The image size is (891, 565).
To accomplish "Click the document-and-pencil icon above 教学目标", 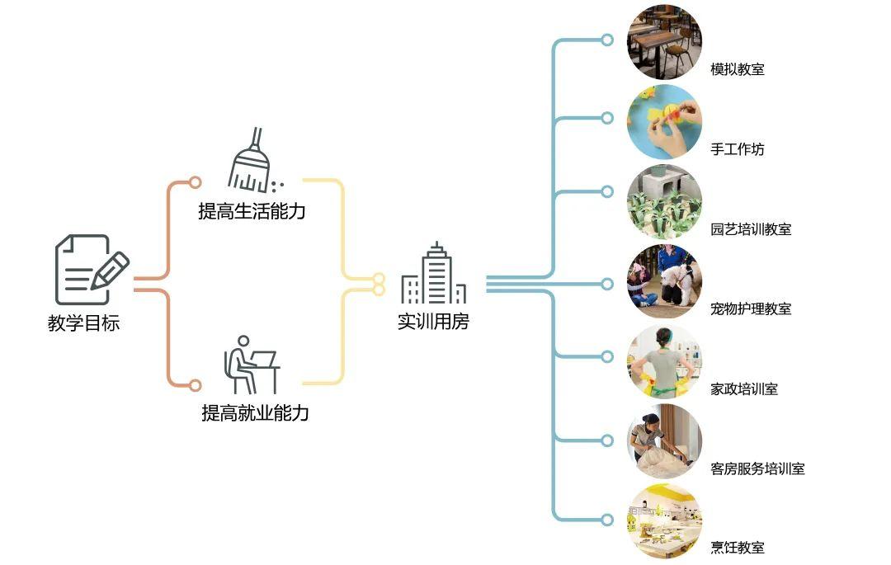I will click(x=92, y=270).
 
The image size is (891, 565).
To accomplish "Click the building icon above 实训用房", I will click(x=433, y=275).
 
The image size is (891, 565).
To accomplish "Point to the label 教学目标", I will click(x=83, y=323).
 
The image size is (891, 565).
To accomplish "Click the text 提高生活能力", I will click(x=252, y=211).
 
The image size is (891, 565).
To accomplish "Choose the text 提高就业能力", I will click(x=255, y=413).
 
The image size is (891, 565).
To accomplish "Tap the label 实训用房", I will click(x=433, y=322).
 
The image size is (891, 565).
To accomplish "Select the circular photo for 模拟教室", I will click(x=664, y=41).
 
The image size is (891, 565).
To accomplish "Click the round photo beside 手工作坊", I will click(x=664, y=121).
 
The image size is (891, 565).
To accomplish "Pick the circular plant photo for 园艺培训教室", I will click(x=664, y=201).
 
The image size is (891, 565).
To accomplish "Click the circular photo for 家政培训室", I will click(x=664, y=361).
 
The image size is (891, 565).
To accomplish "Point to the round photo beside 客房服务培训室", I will click(x=664, y=441).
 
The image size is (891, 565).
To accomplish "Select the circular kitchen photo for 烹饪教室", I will click(x=664, y=521).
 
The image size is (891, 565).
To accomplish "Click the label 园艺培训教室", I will click(x=751, y=229).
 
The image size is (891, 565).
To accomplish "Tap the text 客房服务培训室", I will click(x=757, y=469).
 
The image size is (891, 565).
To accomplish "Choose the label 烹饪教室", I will click(x=737, y=548).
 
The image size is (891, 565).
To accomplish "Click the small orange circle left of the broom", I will click(x=195, y=182).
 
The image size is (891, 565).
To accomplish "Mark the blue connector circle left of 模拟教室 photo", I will click(x=607, y=40).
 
